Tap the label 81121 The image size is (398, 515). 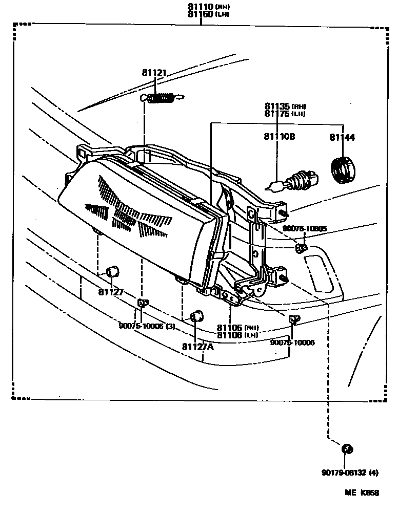point(154,74)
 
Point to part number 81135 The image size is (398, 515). point(277,106)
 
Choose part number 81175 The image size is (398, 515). point(277,114)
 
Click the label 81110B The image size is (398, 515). point(280,137)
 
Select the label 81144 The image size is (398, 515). point(342,137)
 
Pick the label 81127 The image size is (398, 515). point(111,292)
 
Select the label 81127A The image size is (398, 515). point(197,346)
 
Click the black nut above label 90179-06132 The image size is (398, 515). point(347,449)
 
